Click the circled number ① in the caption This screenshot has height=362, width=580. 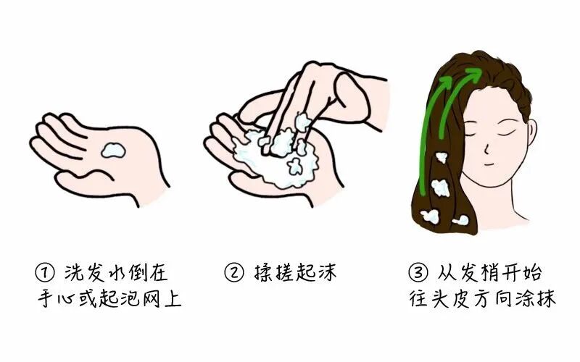[x=45, y=273]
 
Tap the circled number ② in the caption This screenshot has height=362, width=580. [x=234, y=273]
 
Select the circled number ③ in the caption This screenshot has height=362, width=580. [x=418, y=273]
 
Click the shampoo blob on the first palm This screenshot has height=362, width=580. [x=114, y=150]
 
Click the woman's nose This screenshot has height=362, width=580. [x=486, y=149]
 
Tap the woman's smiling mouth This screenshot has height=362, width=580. [x=489, y=164]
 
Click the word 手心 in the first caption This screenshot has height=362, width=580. [x=57, y=298]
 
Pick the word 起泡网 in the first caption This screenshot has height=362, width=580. [x=130, y=298]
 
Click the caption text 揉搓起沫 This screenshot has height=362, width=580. [x=295, y=273]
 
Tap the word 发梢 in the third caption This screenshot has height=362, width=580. [x=481, y=273]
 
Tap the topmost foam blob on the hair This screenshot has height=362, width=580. [x=441, y=157]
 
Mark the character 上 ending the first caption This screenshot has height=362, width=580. [x=173, y=298]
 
